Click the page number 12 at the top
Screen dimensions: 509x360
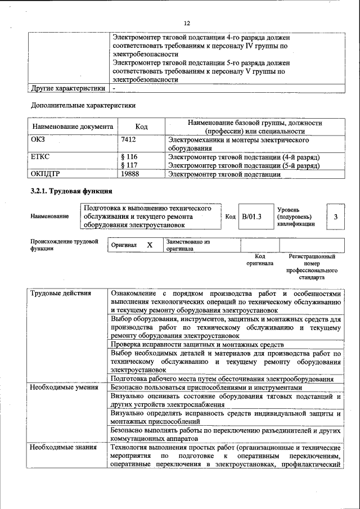click(187, 22)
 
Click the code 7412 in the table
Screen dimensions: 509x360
click(129, 139)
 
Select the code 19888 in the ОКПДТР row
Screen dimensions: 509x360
click(130, 174)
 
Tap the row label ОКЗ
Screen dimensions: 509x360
click(39, 139)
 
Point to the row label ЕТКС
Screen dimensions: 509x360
click(41, 157)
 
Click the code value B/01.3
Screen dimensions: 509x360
click(252, 217)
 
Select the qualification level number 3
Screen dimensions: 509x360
click(335, 217)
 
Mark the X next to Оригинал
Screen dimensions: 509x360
click(150, 245)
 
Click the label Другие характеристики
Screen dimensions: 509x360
click(68, 88)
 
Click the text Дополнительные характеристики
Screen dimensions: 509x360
click(83, 105)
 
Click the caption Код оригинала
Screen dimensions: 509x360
click(259, 259)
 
